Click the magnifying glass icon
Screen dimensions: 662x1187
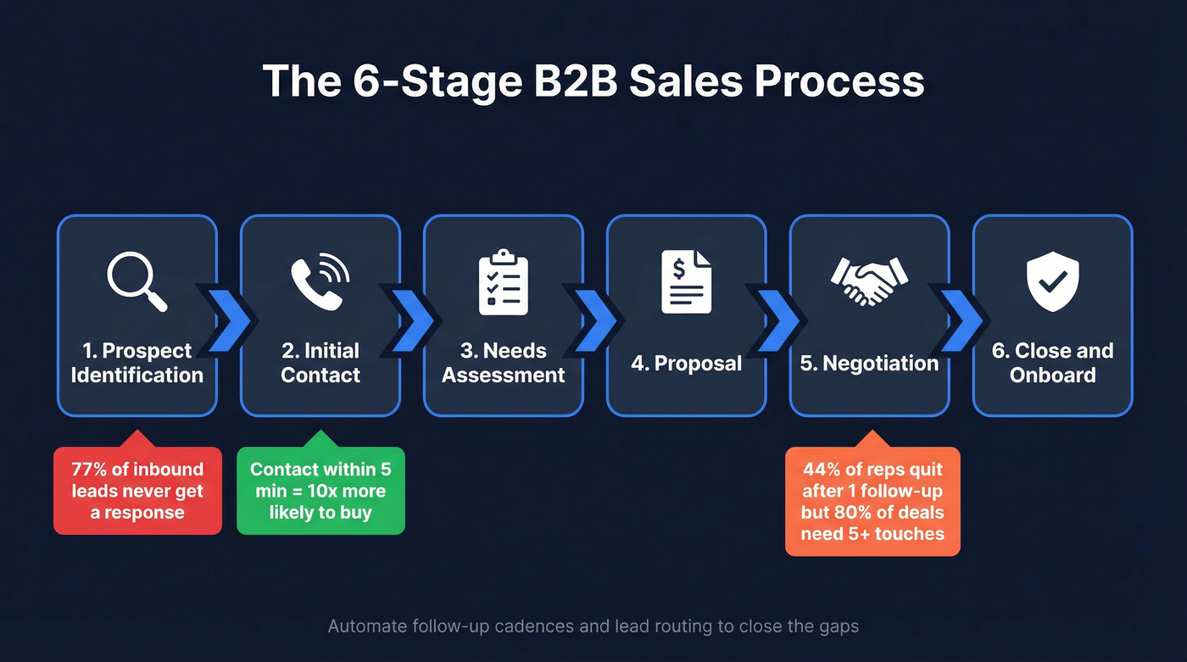point(137,283)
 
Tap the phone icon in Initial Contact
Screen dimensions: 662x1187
point(320,283)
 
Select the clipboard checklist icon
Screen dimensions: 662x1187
point(504,282)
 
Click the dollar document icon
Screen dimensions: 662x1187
point(686,282)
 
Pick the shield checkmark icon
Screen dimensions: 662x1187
point(1052,283)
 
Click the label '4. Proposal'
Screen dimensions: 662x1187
point(686,364)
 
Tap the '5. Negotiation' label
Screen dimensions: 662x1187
point(869,364)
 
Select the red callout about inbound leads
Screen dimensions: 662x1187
point(137,491)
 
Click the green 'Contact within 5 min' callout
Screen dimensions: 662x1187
point(320,491)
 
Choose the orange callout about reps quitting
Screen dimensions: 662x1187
point(872,501)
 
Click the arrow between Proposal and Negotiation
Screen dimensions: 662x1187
point(777,320)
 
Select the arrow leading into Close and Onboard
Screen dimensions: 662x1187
point(961,320)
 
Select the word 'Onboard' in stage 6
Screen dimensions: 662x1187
point(1052,376)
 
